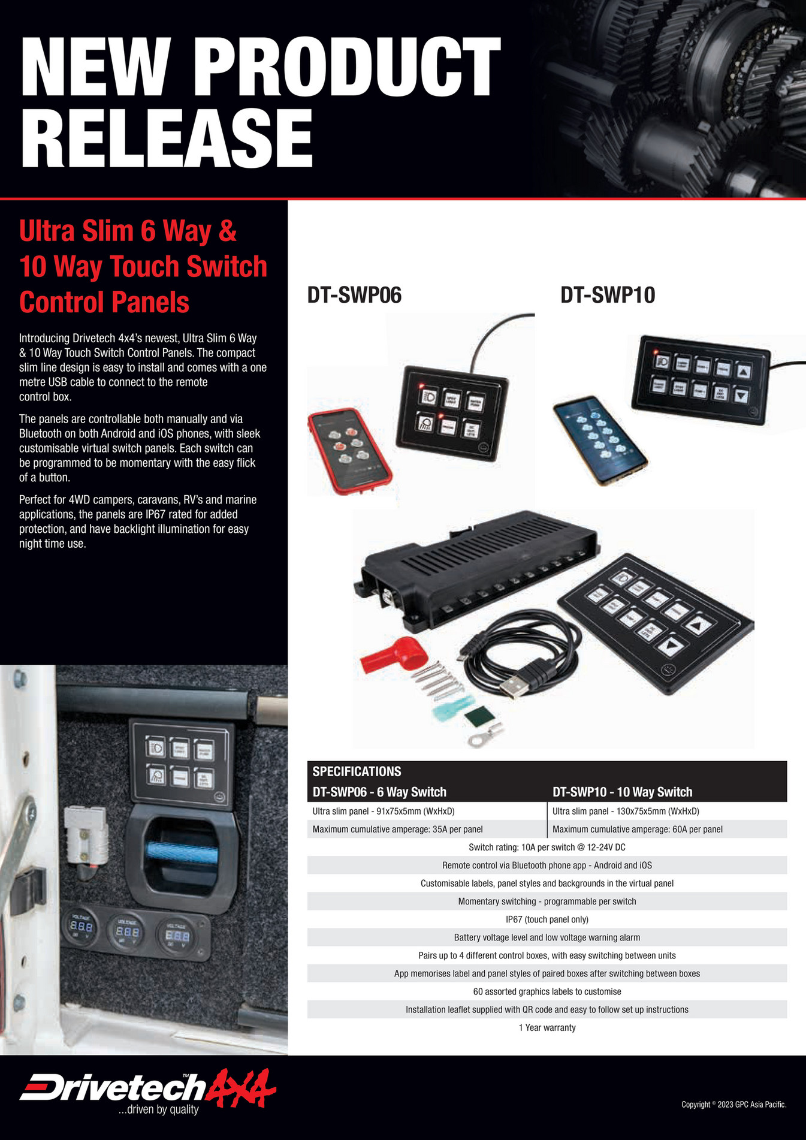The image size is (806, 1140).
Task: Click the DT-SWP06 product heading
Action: tap(354, 295)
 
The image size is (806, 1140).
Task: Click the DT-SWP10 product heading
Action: tap(608, 295)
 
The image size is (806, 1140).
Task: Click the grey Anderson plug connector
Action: tap(86, 834)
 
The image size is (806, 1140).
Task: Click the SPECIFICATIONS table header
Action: tap(357, 771)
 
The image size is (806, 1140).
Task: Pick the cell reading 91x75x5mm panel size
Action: tap(384, 811)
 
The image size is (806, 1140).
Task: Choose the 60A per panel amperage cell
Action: tap(637, 830)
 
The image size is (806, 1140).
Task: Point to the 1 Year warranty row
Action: tap(547, 1027)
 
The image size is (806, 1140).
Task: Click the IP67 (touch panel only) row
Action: tap(547, 919)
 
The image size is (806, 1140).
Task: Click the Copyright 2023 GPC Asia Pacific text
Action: tap(733, 1104)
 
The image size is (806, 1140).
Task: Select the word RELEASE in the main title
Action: tap(167, 139)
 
